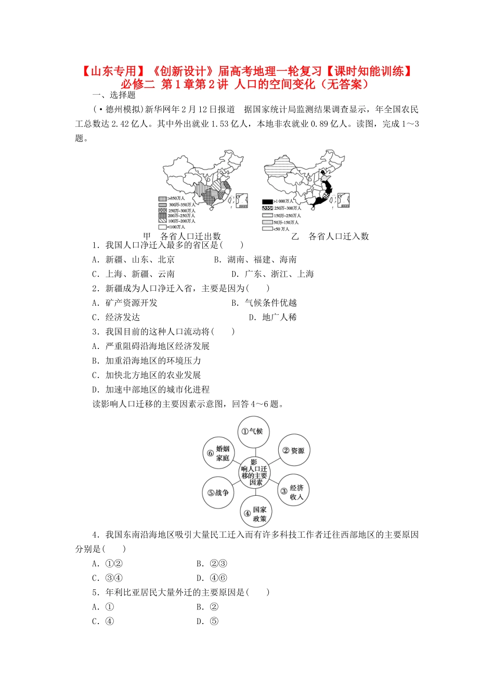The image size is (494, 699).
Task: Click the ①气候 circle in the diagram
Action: pyautogui.click(x=253, y=431)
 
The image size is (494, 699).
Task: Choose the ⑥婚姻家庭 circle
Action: pyautogui.click(x=219, y=453)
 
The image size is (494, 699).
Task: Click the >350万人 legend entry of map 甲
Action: pyautogui.click(x=172, y=199)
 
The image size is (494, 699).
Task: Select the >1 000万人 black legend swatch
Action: pyautogui.click(x=267, y=201)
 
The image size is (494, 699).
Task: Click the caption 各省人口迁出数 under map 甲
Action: pyautogui.click(x=190, y=237)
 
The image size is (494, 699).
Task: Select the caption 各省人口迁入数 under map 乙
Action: pyautogui.click(x=339, y=237)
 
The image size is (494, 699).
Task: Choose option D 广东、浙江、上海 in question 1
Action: pyautogui.click(x=272, y=274)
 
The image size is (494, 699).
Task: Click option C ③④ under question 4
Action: pyautogui.click(x=107, y=578)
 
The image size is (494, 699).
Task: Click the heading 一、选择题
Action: pyautogui.click(x=114, y=95)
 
